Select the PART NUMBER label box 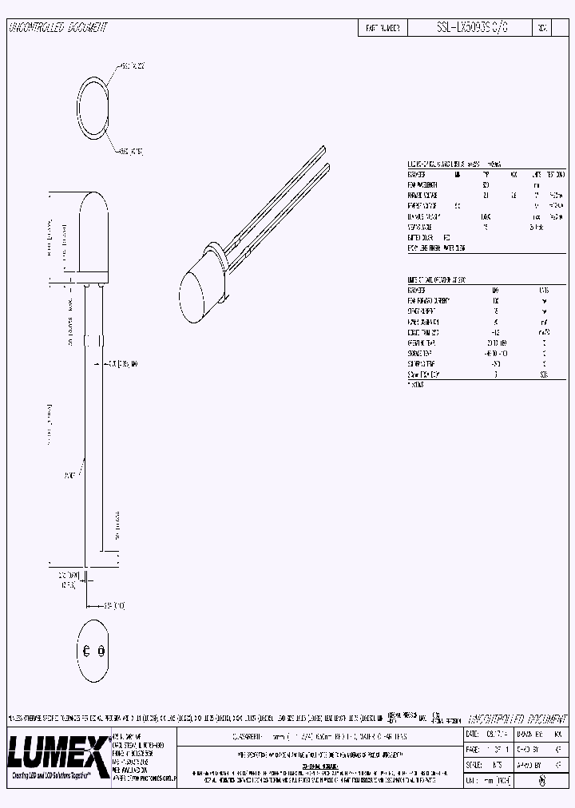point(383,27)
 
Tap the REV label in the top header point(542,27)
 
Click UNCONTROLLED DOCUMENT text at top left point(57,27)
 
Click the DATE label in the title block point(472,733)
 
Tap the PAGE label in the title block point(472,748)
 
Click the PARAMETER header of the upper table point(418,173)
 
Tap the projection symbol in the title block point(543,782)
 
